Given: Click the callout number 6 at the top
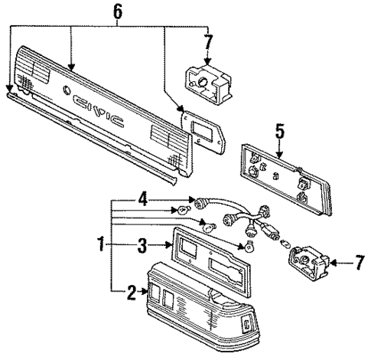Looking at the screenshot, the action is click(118, 11).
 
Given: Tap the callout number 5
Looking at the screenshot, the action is click(280, 131).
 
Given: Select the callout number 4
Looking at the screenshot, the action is click(142, 199).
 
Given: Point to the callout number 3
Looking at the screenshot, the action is click(142, 245).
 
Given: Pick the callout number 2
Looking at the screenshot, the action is click(132, 292).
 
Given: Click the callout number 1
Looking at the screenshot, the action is click(101, 244).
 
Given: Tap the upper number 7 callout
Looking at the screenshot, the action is click(208, 42).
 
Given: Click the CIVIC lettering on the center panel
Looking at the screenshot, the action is click(98, 110).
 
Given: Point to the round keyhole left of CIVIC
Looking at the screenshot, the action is click(67, 90).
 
